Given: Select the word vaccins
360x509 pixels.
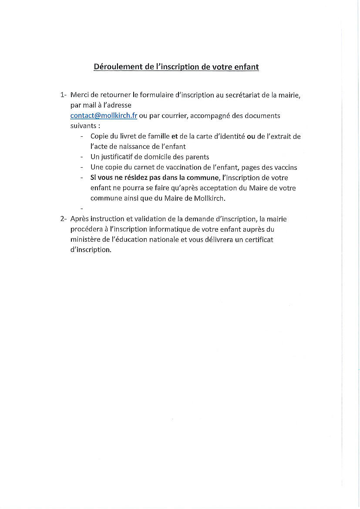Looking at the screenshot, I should (x=285, y=167).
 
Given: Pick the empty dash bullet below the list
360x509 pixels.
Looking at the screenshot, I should (x=82, y=209).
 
